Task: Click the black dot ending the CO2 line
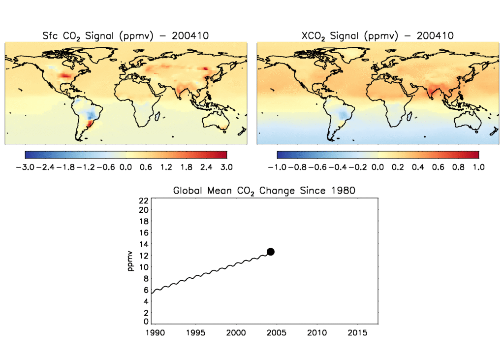[270, 252]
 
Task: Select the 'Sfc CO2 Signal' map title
[126, 35]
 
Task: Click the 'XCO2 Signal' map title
[377, 35]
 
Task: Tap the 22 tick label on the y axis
[144, 200]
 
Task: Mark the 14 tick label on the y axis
[144, 244]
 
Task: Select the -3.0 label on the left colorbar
[25, 167]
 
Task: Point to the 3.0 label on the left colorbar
[226, 167]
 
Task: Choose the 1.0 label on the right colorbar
[478, 167]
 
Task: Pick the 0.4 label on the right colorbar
[418, 167]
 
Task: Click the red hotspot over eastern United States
[65, 76]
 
